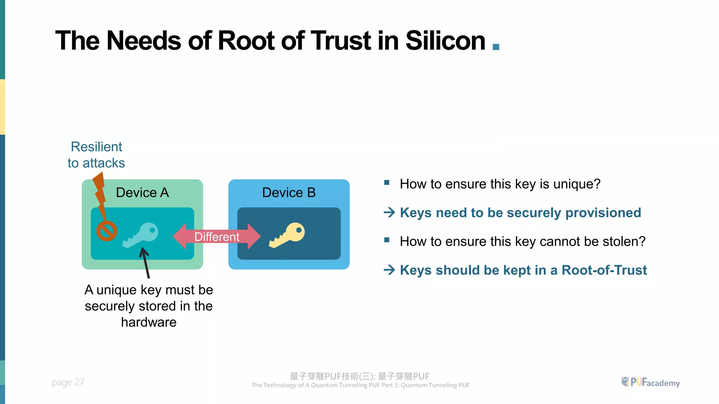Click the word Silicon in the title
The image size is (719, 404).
pos(445,41)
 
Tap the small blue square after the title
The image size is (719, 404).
pos(496,47)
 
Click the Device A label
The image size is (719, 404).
pos(142,193)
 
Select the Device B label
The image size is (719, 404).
pos(289,193)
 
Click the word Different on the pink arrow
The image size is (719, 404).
pos(217,237)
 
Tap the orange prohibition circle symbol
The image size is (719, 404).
pos(107,231)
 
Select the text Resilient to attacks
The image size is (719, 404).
pos(96,155)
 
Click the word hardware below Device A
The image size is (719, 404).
pos(149,322)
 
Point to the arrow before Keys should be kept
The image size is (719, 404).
pos(389,270)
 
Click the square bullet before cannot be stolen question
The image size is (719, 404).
pos(387,240)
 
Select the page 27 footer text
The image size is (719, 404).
pos(68,382)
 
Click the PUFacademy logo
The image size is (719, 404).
pos(651,382)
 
